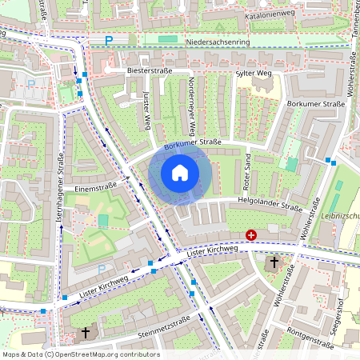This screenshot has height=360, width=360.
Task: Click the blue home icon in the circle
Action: pyautogui.click(x=180, y=173)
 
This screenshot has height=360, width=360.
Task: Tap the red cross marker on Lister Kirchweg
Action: pyautogui.click(x=251, y=235)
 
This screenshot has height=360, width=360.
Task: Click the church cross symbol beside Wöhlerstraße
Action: pyautogui.click(x=274, y=262)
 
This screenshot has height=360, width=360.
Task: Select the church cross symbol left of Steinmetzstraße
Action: pyautogui.click(x=86, y=331)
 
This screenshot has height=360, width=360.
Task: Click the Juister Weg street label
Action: pyautogui.click(x=146, y=111)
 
